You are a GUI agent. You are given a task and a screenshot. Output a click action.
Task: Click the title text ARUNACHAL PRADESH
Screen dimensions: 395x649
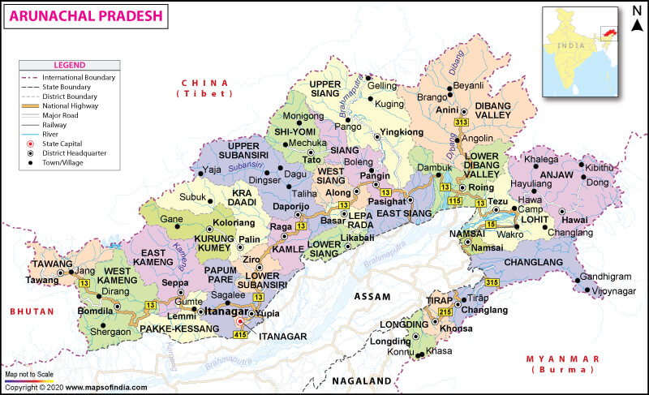[x=85, y=15]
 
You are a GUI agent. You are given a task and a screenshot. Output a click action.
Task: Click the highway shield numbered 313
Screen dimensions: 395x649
[x=462, y=122]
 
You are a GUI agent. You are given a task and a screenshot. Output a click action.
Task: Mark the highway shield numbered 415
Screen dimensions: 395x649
[x=240, y=334]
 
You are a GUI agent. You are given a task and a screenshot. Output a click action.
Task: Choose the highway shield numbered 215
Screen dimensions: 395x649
[x=445, y=312]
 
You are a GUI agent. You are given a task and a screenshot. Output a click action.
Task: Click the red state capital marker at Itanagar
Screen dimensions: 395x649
[x=239, y=321]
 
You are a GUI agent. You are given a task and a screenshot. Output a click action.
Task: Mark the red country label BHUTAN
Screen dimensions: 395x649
[x=32, y=311]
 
